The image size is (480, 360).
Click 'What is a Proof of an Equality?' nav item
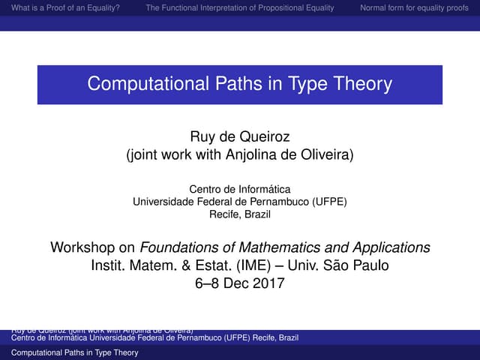(x=62, y=9)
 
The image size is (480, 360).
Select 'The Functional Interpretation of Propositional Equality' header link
(x=242, y=9)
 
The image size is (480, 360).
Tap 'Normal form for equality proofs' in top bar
(x=414, y=9)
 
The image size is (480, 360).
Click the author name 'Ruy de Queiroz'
(x=239, y=137)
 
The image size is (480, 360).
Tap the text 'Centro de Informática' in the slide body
(x=239, y=189)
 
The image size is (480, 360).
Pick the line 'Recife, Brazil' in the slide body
(x=239, y=214)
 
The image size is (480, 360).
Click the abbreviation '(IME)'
(x=238, y=265)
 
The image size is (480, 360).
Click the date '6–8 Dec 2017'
(x=239, y=283)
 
